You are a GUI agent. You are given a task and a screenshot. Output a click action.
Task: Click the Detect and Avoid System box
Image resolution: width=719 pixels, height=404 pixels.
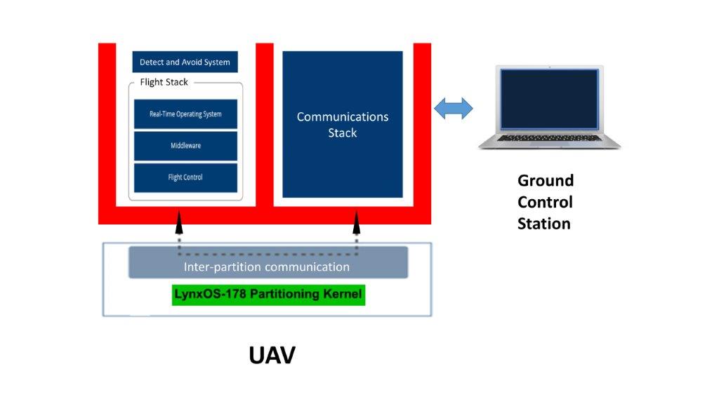185,62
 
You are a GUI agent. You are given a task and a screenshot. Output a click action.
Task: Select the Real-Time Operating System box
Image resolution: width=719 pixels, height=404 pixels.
185,114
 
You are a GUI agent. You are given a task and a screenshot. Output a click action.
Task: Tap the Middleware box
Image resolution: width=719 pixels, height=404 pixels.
185,146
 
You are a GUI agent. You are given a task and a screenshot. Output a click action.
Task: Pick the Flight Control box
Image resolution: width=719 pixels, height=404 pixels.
185,177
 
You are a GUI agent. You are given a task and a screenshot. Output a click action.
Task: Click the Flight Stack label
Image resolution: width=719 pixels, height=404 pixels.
164,82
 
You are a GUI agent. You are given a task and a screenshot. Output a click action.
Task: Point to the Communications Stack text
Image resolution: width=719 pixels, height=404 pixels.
343,125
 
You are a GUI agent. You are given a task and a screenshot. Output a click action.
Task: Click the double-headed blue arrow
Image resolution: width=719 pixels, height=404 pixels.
454,109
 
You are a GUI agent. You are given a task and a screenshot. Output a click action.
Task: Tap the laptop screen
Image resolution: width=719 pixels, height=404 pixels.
549,99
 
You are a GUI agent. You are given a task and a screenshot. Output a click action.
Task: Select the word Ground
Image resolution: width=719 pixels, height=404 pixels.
546,180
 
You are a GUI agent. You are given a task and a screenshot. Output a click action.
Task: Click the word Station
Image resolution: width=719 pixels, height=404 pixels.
544,224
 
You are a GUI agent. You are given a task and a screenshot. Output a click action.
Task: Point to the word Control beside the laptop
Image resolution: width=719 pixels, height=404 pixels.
545,202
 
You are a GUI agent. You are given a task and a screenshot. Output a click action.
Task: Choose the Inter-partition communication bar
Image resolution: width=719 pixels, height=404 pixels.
267,267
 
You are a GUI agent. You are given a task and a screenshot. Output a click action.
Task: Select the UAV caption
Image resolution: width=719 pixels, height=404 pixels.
272,355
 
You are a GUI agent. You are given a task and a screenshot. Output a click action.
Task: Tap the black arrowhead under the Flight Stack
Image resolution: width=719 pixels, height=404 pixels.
179,223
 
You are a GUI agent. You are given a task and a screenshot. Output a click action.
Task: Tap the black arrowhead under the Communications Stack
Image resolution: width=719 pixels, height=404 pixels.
356,223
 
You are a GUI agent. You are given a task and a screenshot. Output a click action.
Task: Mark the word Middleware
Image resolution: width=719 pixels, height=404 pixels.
185,146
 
